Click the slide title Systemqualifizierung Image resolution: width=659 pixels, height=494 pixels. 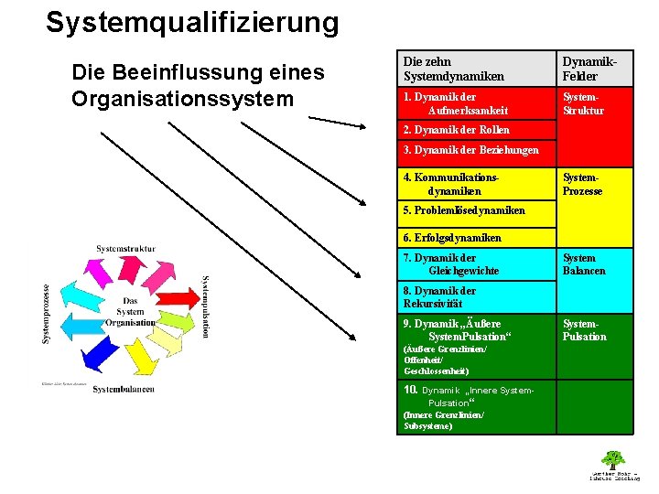192,22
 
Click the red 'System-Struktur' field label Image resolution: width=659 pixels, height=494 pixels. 583,103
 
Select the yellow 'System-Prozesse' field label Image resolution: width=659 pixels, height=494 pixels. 583,184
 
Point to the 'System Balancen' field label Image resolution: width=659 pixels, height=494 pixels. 584,264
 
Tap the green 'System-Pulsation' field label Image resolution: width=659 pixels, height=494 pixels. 584,330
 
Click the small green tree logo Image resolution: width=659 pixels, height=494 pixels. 612,459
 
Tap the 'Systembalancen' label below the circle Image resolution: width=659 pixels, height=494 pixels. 124,389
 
